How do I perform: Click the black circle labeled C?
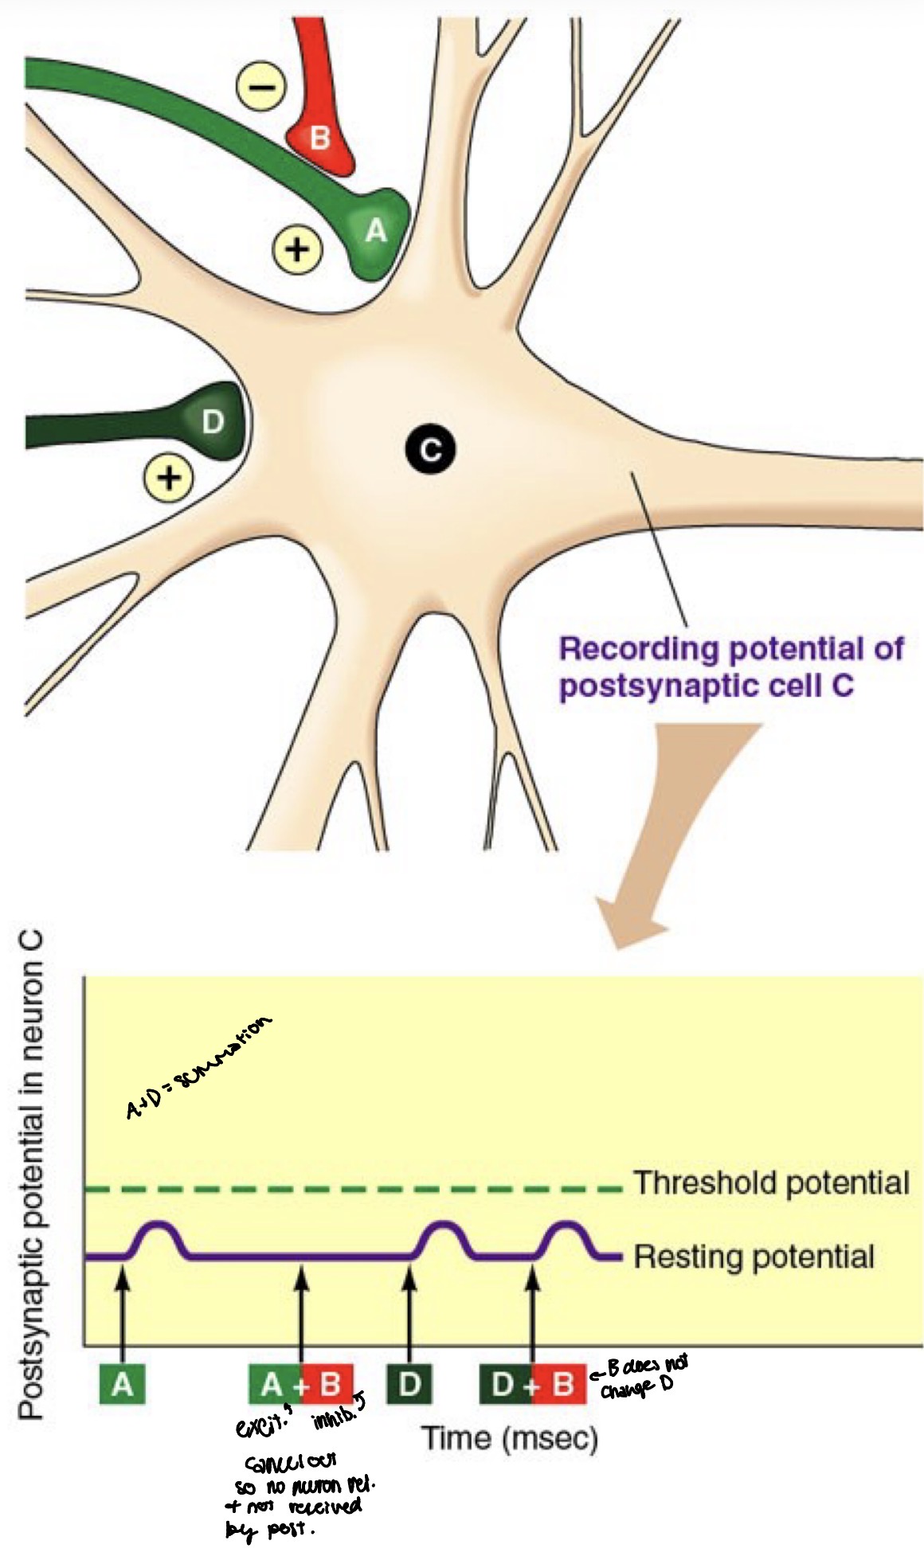(429, 450)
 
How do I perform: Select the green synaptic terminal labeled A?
(374, 233)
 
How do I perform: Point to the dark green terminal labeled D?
(210, 422)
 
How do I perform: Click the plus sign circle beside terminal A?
(298, 249)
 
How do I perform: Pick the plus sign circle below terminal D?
(168, 478)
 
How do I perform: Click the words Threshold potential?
(770, 1183)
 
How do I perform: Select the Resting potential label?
(754, 1257)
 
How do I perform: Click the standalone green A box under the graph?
(122, 1386)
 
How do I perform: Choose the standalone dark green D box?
(409, 1386)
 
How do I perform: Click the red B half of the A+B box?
(328, 1386)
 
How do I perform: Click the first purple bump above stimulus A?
(157, 1233)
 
